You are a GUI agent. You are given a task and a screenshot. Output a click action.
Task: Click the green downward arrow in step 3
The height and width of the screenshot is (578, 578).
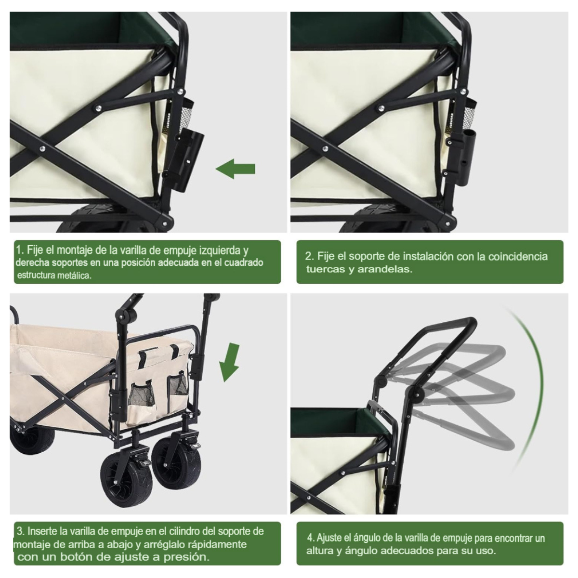click(229, 361)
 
